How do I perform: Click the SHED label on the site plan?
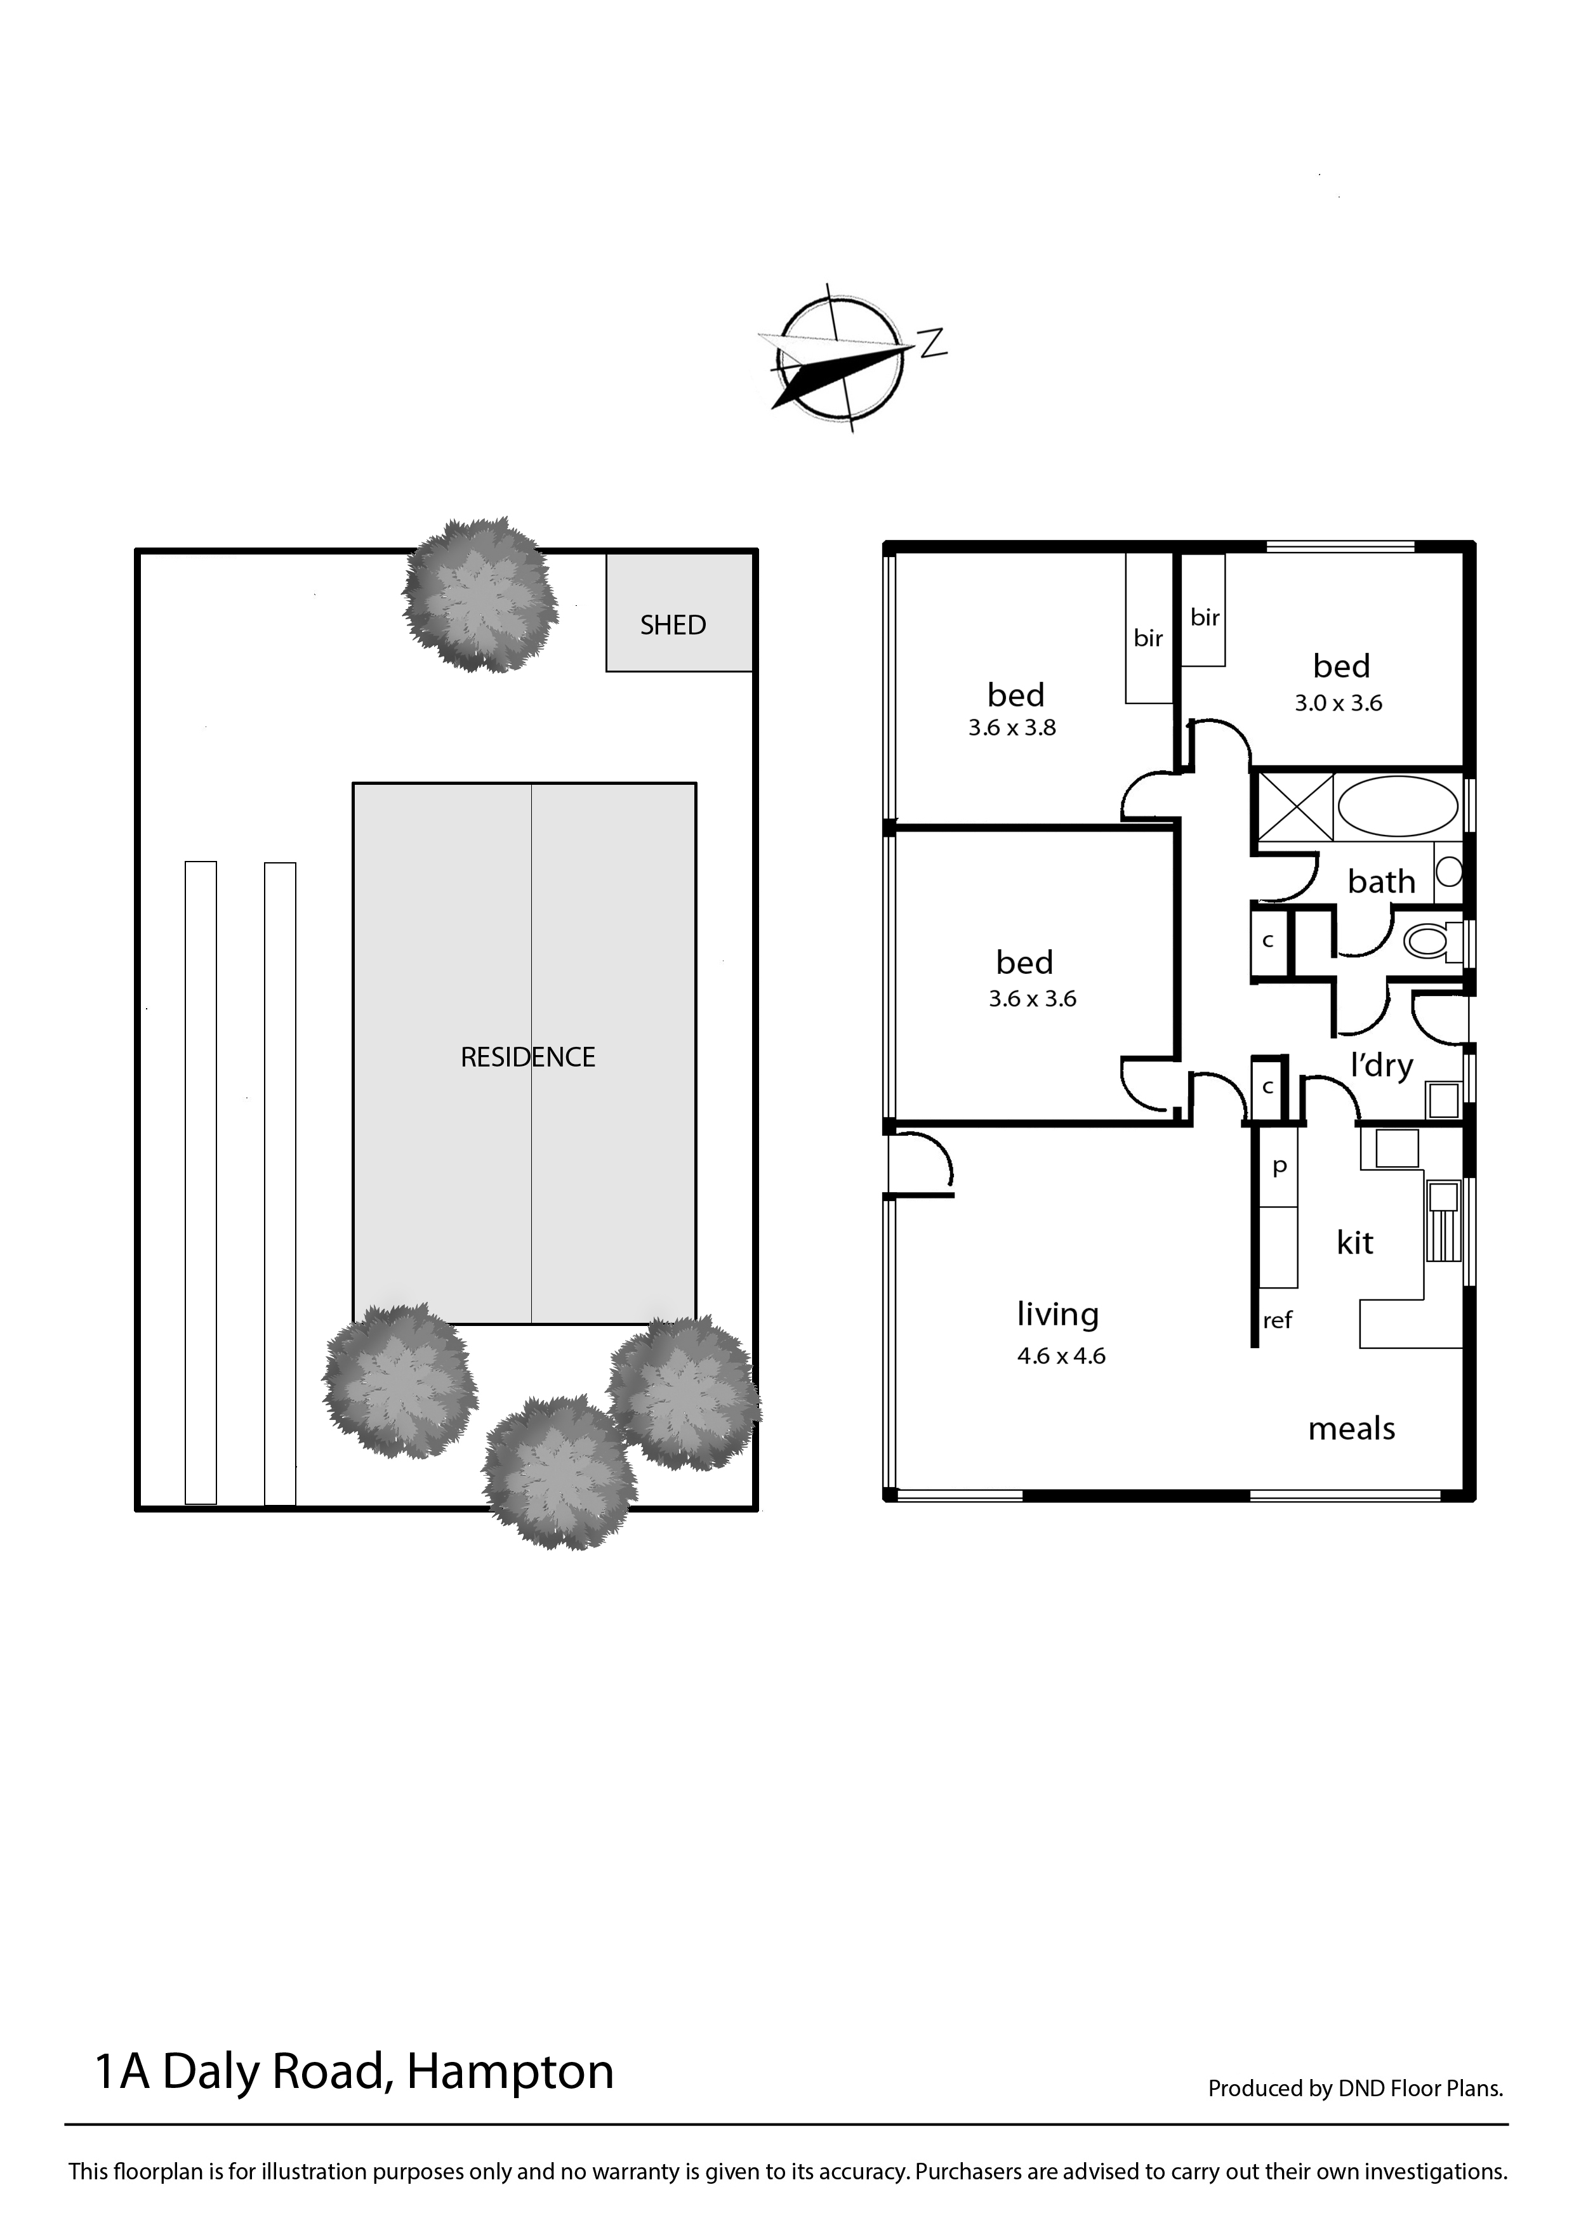coord(673,625)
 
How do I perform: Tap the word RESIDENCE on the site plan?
coord(527,1056)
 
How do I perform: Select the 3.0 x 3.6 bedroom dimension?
coord(1339,704)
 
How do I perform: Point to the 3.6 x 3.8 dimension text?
coord(1012,728)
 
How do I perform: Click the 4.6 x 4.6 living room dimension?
coord(1061,1356)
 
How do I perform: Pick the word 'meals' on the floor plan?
coord(1351,1428)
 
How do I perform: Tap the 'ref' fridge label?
coord(1278,1320)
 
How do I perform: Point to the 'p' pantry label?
coord(1280,1167)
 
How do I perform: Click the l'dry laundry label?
coord(1382,1066)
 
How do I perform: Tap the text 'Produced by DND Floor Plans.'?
coord(1355,2089)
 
